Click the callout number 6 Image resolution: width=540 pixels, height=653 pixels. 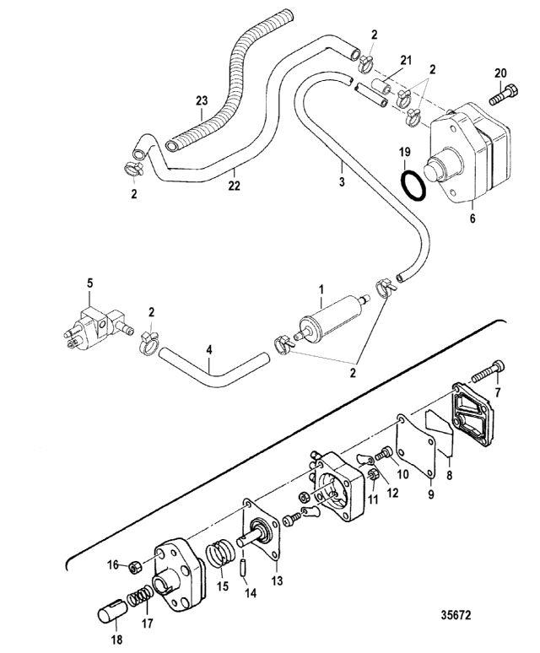471,217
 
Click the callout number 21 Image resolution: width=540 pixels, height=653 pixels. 406,61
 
